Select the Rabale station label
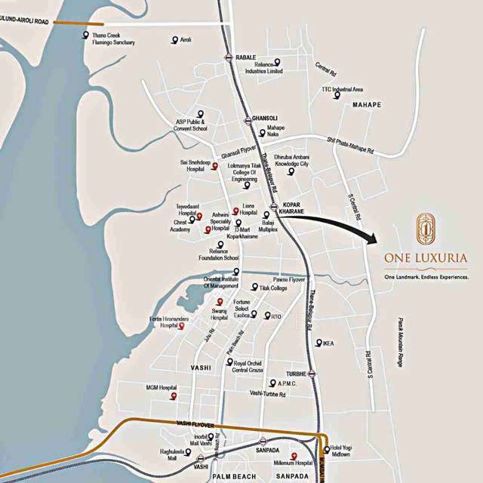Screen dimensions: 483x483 tap(246, 57)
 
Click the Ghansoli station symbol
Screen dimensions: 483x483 tap(247, 120)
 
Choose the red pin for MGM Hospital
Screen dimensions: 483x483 tap(174, 395)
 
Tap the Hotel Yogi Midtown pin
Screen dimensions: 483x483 tap(326, 450)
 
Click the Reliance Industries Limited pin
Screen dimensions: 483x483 tap(277, 61)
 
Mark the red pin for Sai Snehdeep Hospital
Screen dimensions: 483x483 tap(214, 165)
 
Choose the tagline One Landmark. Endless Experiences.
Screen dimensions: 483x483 tap(426, 277)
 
